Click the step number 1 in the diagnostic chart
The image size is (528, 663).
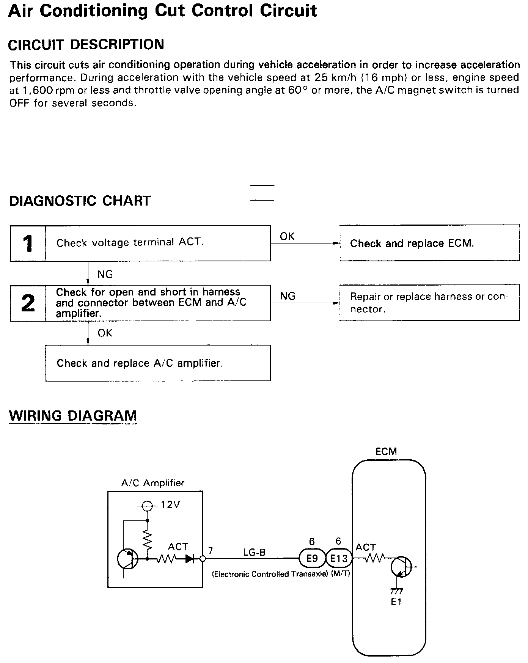[x=28, y=243]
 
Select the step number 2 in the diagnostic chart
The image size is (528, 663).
[x=28, y=303]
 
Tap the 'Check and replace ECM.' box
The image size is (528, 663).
[x=429, y=243]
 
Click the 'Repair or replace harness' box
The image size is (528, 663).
[x=429, y=303]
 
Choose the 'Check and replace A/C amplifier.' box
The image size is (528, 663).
[x=158, y=363]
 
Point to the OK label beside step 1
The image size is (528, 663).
[x=287, y=236]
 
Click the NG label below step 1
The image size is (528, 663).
[x=105, y=274]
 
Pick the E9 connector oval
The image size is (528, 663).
[x=312, y=558]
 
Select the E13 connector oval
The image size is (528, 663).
[x=339, y=558]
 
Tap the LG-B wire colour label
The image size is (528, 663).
[x=255, y=552]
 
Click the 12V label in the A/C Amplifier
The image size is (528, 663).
[x=170, y=505]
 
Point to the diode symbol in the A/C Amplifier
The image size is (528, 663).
[x=190, y=559]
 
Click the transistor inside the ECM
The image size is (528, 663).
[x=401, y=567]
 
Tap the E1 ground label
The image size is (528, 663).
[x=396, y=602]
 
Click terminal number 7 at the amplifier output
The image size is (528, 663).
[x=211, y=551]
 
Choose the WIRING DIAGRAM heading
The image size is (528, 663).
[x=73, y=416]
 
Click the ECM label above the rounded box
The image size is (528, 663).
[x=386, y=451]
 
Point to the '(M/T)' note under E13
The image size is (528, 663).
[x=340, y=574]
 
